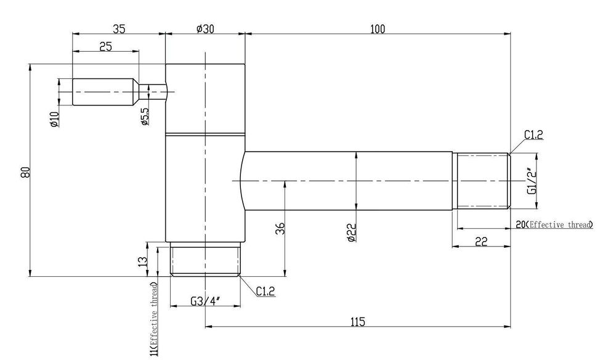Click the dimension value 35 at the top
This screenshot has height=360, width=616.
119,29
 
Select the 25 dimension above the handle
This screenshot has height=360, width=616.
105,46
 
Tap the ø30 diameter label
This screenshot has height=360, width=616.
205,29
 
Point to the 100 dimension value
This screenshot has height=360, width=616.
378,29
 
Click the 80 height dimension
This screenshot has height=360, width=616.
25,172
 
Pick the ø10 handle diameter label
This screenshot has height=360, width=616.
54,120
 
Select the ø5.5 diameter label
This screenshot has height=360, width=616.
145,117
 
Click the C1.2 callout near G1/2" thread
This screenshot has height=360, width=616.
533,135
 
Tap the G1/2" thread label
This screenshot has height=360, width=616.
532,181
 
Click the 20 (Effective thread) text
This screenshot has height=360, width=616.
554,224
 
